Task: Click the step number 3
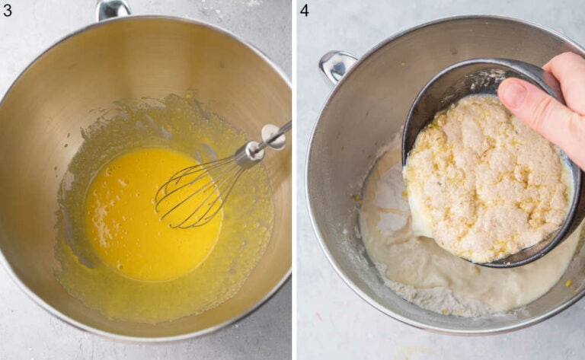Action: point(8,10)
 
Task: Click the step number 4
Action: point(305,10)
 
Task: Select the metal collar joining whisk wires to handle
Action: point(248,154)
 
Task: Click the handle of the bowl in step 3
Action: point(113,9)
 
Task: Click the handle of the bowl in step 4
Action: point(336,65)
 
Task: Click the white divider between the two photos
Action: point(293,180)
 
